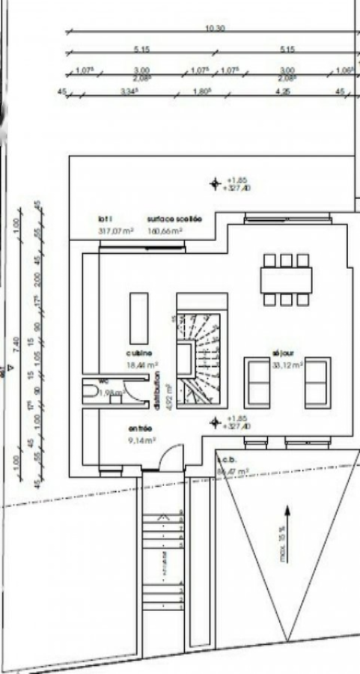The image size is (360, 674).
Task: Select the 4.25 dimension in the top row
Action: pos(283,91)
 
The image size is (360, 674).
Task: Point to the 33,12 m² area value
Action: pos(287,365)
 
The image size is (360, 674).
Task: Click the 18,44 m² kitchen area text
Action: pos(142,365)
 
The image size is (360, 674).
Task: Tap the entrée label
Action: pos(140,428)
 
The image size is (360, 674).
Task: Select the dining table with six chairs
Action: pos(286,280)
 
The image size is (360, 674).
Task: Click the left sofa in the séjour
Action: pos(257,382)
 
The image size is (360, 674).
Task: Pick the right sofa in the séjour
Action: pos(317,382)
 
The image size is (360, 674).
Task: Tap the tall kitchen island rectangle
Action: pos(139,318)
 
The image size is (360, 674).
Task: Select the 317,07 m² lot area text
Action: pos(115,231)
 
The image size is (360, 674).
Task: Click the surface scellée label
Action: pos(174,219)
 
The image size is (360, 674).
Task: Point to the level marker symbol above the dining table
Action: pos(216,183)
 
